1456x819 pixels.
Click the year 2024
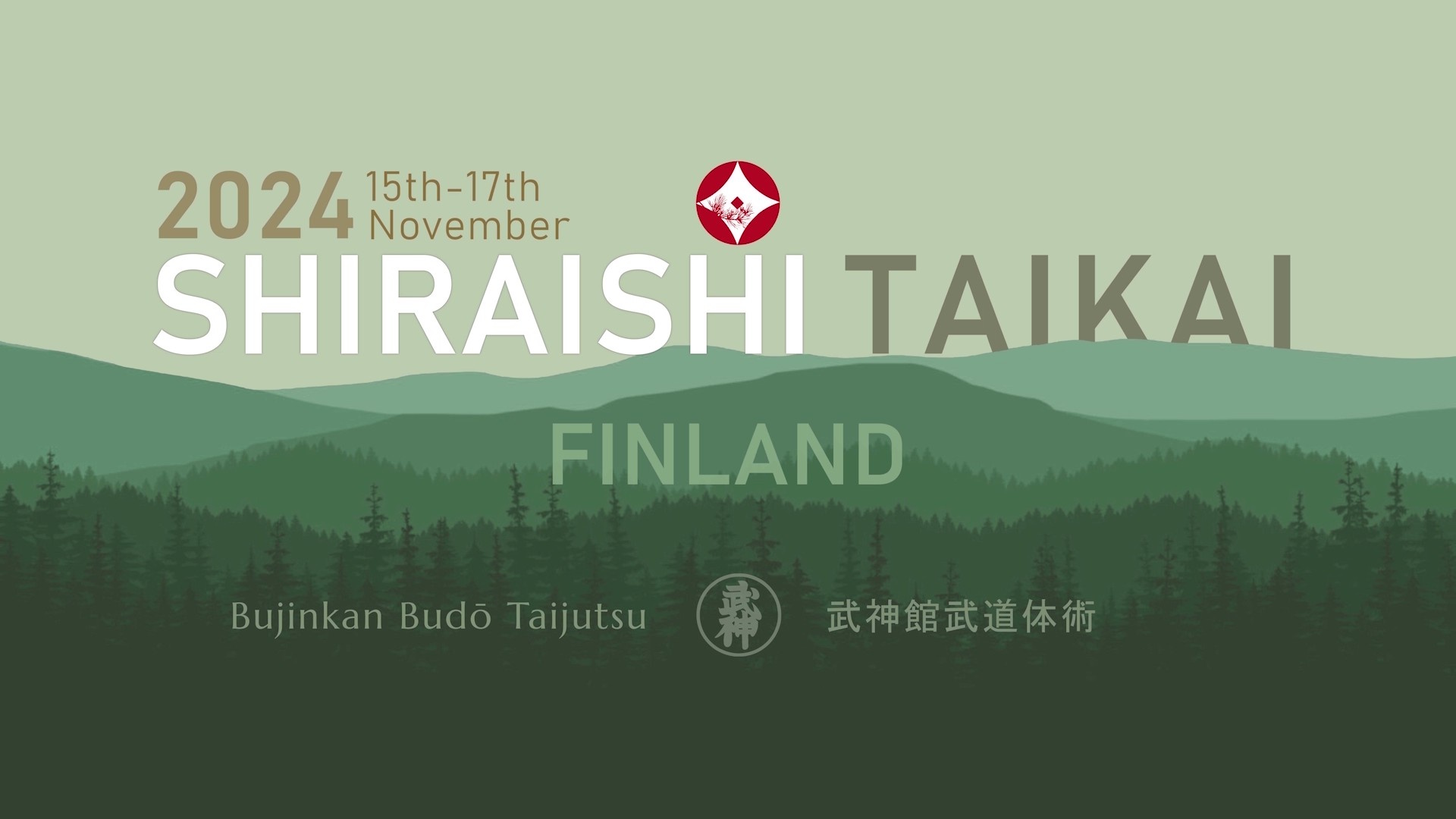pyautogui.click(x=255, y=206)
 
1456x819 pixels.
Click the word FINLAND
pyautogui.click(x=726, y=454)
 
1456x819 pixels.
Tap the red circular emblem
pyautogui.click(x=738, y=202)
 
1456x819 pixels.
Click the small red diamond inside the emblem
pyautogui.click(x=736, y=202)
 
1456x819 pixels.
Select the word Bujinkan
pyautogui.click(x=306, y=617)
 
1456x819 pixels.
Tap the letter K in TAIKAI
pyautogui.click(x=1106, y=301)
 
